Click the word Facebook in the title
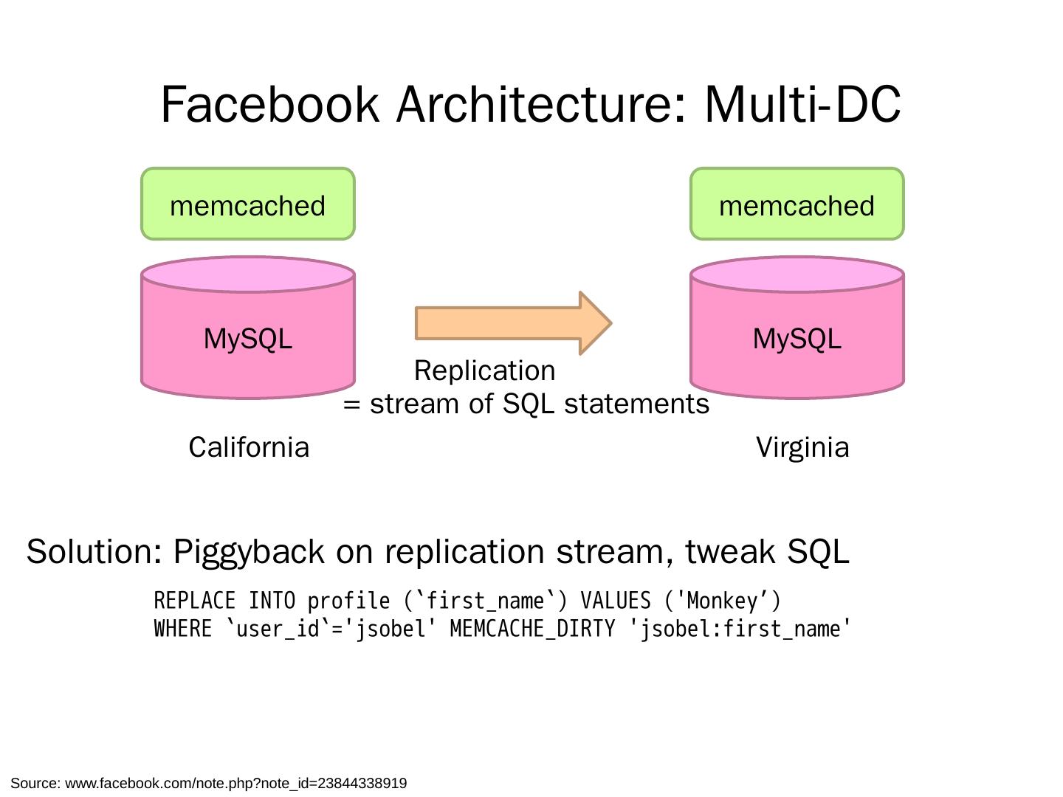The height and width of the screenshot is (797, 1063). pyautogui.click(x=269, y=104)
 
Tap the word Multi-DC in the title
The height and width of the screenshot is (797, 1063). pyautogui.click(x=802, y=104)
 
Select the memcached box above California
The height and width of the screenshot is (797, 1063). pyautogui.click(x=248, y=204)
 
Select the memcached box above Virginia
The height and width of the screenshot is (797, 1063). pyautogui.click(x=797, y=204)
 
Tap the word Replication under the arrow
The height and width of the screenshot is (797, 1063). pyautogui.click(x=484, y=370)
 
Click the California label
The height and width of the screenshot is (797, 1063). pyautogui.click(x=249, y=447)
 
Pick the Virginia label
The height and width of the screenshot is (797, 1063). pyautogui.click(x=802, y=447)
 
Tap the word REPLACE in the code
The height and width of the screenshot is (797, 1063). pyautogui.click(x=195, y=601)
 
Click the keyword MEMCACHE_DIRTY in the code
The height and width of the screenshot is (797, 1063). pyautogui.click(x=532, y=629)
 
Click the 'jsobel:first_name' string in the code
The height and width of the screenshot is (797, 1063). pyautogui.click(x=741, y=629)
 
